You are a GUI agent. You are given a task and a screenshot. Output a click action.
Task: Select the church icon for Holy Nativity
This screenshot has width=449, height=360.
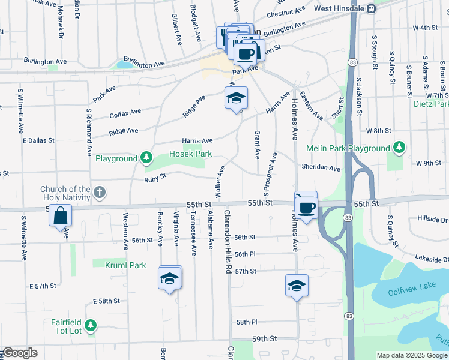point(100,193)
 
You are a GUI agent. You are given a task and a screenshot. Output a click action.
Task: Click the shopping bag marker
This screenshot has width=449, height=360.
point(61,215)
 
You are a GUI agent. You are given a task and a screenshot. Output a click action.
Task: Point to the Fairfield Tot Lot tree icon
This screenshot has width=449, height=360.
point(90,325)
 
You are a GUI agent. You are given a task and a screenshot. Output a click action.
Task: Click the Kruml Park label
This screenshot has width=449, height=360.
point(125,265)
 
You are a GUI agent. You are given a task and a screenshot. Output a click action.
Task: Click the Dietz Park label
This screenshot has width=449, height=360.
point(431,104)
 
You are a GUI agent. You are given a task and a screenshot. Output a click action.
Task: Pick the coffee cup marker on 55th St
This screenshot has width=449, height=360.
point(307,208)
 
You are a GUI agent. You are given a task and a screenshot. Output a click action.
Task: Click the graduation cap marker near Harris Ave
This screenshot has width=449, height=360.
point(236,98)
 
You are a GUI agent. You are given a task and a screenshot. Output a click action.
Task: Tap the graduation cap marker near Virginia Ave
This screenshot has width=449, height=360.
point(169,278)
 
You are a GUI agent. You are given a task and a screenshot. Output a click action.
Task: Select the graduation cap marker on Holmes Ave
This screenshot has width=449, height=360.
point(297,286)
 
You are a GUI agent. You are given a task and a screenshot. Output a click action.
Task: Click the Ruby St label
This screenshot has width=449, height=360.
point(154,179)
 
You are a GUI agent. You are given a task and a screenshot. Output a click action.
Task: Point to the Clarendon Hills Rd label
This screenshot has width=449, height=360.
point(228,242)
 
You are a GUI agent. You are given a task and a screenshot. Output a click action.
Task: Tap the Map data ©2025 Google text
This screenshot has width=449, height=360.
point(412,355)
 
